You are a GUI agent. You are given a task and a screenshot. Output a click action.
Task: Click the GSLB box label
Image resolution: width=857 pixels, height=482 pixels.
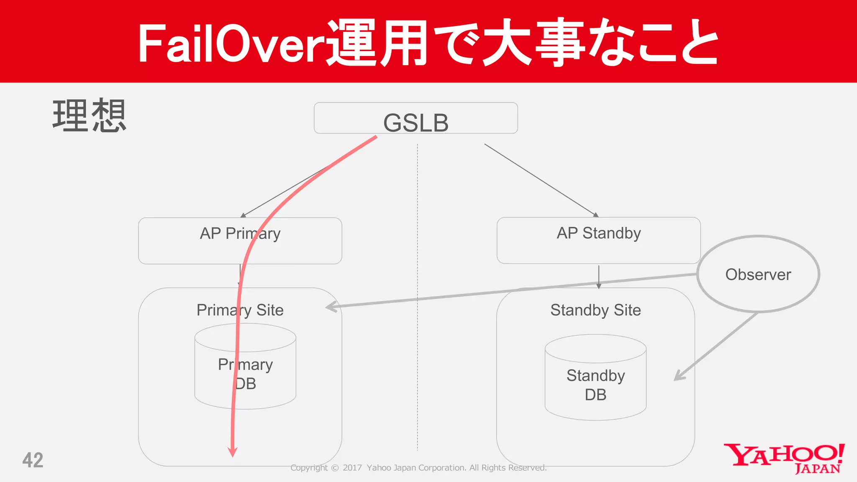(x=416, y=123)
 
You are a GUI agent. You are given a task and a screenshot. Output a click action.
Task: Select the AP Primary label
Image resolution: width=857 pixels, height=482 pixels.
(x=240, y=233)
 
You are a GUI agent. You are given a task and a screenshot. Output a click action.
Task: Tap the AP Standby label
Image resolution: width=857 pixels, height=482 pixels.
(x=598, y=233)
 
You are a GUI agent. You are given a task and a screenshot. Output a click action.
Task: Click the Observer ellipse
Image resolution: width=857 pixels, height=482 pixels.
(x=758, y=274)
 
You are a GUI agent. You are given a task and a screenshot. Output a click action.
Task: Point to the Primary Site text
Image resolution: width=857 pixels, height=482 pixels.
(x=240, y=310)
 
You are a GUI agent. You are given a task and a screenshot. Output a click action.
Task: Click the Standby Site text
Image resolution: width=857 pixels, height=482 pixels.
(x=595, y=310)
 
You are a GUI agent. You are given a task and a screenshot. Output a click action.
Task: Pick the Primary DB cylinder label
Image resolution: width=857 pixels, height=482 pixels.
(x=245, y=374)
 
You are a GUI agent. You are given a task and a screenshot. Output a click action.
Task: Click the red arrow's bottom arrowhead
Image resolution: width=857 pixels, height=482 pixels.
(x=233, y=452)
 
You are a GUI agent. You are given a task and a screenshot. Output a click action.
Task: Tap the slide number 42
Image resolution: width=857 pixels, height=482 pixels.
(x=33, y=460)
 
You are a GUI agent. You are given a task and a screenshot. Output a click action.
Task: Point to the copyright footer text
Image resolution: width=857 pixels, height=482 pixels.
(x=418, y=468)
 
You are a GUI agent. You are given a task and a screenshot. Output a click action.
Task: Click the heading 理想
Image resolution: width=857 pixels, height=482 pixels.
(x=89, y=116)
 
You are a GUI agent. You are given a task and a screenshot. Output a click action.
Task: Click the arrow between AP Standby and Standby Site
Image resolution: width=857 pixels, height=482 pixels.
(x=598, y=277)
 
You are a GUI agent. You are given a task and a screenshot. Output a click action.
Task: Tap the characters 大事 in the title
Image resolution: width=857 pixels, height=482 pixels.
(x=534, y=43)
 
